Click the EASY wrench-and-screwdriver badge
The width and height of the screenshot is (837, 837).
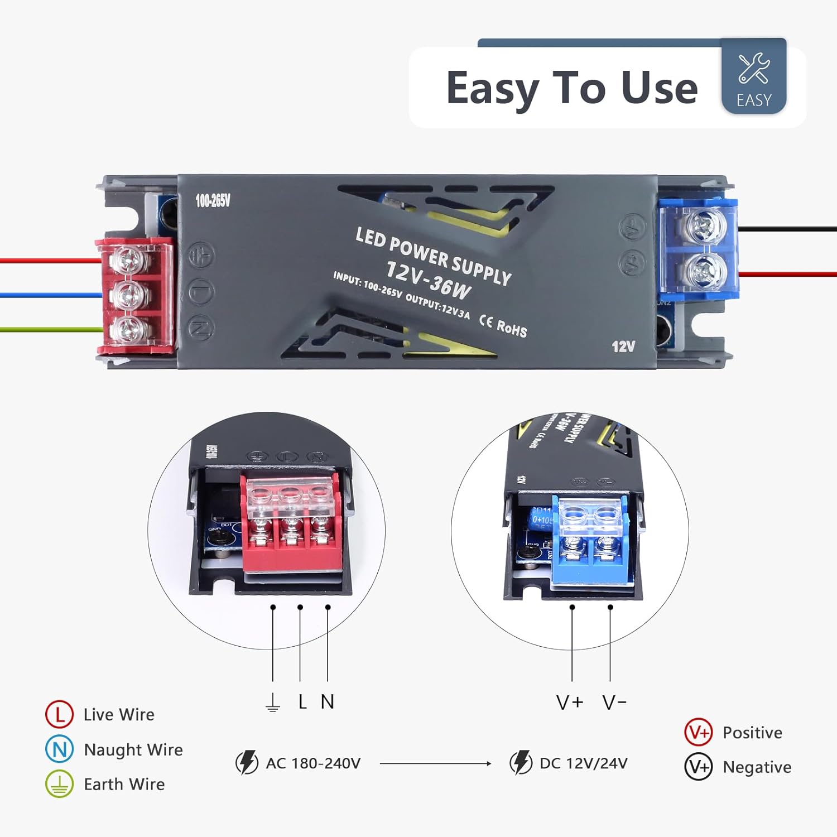pyautogui.click(x=753, y=76)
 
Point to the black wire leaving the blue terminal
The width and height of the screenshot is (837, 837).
pyautogui.click(x=787, y=229)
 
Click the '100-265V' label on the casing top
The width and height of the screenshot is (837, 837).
pyautogui.click(x=213, y=201)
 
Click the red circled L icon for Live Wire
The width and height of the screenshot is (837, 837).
pyautogui.click(x=59, y=714)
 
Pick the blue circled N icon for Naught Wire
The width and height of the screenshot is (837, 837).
pyautogui.click(x=59, y=749)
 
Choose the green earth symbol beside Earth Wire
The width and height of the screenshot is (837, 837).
pyautogui.click(x=59, y=784)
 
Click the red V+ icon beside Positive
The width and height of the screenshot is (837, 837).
pyautogui.click(x=698, y=732)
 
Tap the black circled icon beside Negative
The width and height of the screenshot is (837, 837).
pyautogui.click(x=698, y=767)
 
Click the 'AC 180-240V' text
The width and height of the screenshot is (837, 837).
pyautogui.click(x=313, y=763)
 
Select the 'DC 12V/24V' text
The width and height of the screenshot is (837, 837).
pyautogui.click(x=583, y=763)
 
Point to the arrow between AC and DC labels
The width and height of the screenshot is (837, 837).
pyautogui.click(x=435, y=763)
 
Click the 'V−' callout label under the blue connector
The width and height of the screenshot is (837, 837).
pyautogui.click(x=614, y=702)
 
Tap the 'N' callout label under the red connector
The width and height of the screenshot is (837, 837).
pyautogui.click(x=328, y=701)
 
